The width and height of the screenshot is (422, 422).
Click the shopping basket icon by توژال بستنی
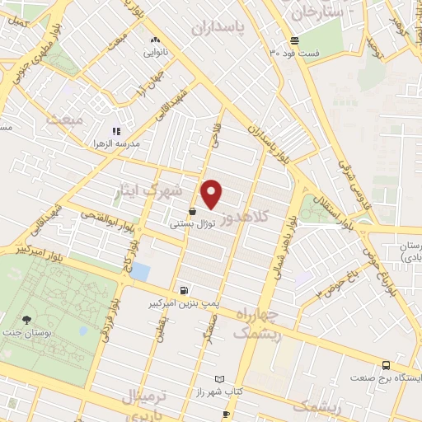tap(192, 211)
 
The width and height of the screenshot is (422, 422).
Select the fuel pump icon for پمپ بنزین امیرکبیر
tap(183, 290)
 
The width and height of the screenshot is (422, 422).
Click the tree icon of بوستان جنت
tap(28, 319)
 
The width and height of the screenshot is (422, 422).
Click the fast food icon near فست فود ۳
tap(294, 41)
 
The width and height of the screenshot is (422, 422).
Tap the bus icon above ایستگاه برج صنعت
tap(387, 366)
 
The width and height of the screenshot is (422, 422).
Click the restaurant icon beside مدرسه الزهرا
tap(116, 130)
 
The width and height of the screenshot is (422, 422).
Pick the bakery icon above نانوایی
tap(154, 40)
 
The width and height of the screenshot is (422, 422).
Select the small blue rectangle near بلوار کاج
tap(141, 270)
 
